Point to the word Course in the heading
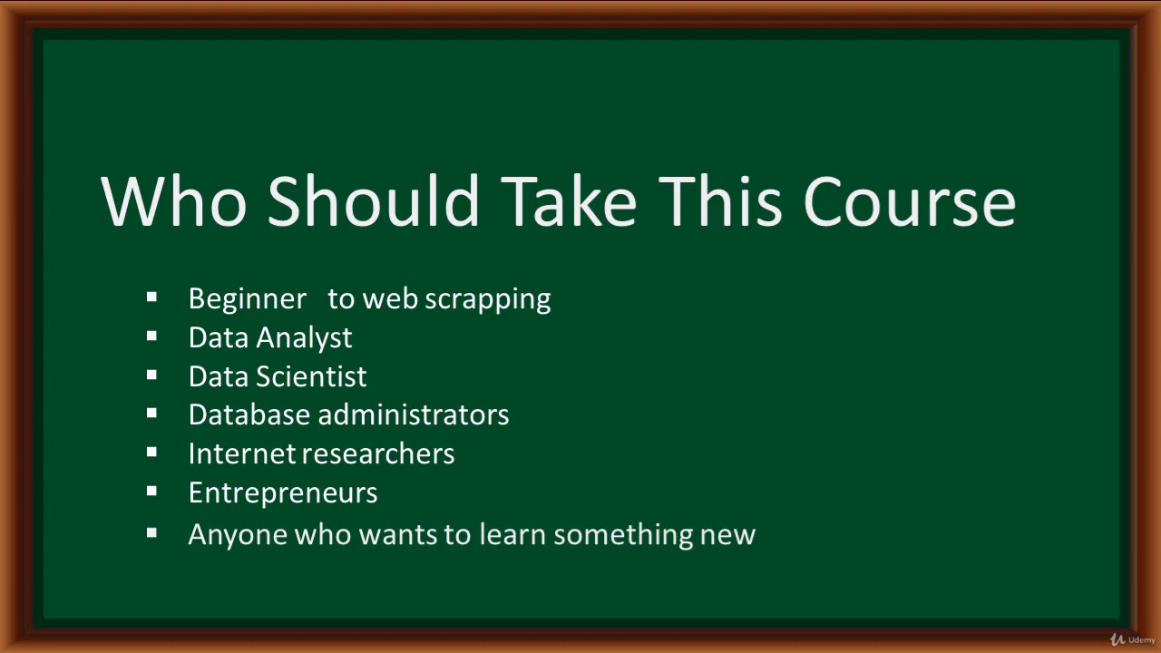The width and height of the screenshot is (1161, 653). point(909,201)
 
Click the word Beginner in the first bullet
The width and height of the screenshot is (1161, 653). point(247,299)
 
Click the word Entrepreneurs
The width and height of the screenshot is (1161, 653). point(283,492)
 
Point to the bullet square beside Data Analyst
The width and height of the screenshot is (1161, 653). point(151,336)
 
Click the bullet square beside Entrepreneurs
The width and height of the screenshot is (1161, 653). point(151,491)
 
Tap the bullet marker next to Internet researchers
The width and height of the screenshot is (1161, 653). point(151,452)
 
